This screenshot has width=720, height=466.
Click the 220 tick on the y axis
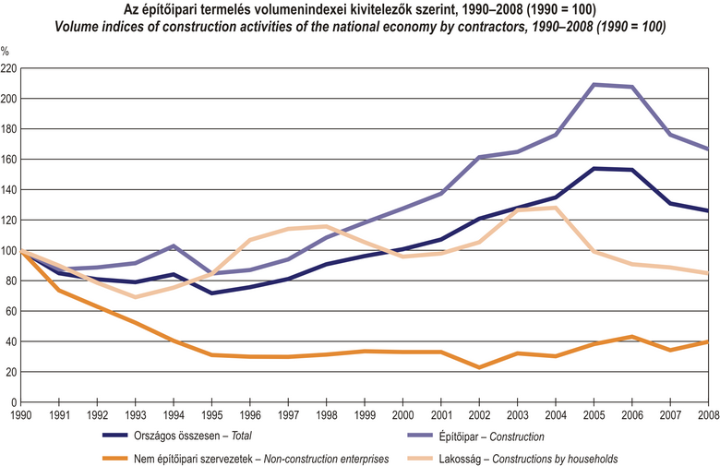pos(8,68)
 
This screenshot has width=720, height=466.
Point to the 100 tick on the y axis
pos(8,250)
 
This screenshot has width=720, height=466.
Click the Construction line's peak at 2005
pos(594,85)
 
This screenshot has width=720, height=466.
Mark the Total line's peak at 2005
pos(594,168)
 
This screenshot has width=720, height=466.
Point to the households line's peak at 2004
pos(556,208)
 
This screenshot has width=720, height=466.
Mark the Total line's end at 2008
pos(708,211)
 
